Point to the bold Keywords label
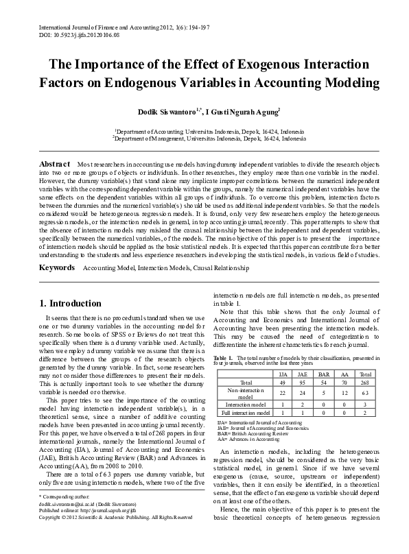pos(57,267)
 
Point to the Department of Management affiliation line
pos(209,138)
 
